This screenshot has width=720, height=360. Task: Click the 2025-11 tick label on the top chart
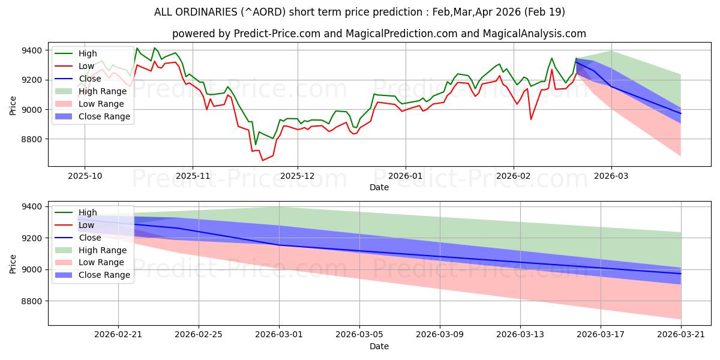point(193,176)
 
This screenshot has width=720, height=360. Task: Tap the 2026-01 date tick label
point(406,176)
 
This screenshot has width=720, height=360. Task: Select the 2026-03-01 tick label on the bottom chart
point(279,335)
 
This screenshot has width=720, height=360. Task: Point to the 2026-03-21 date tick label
point(681,335)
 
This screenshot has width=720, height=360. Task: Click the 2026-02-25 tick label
point(199,335)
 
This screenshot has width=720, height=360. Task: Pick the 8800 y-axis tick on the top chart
point(32,139)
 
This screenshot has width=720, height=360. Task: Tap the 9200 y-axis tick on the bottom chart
point(32,238)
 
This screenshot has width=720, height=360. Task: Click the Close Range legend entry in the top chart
point(92,116)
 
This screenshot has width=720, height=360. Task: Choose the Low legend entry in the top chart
point(74,66)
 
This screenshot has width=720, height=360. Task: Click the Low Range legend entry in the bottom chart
point(89,262)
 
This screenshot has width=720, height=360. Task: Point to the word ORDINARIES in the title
point(206,12)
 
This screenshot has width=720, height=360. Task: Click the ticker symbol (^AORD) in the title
point(263,12)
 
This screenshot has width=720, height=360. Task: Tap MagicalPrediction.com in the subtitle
point(401,34)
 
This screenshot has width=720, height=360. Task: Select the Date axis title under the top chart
point(379,187)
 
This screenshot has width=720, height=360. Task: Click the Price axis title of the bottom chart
point(13,264)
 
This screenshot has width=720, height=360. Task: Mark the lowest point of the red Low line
point(262,160)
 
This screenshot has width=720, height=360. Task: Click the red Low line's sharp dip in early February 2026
point(530,119)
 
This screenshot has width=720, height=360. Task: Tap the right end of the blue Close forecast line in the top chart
point(681,113)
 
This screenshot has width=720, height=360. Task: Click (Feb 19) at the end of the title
point(545,12)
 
